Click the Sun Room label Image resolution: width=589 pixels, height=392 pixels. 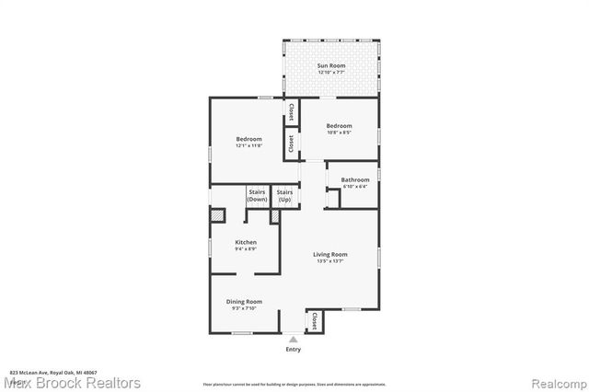click(330, 66)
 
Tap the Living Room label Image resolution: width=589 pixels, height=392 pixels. click(330, 254)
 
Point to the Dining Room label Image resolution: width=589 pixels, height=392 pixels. click(245, 302)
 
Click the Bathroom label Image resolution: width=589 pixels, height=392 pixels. click(355, 179)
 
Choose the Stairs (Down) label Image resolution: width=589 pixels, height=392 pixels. click(258, 196)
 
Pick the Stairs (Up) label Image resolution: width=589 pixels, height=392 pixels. click(284, 196)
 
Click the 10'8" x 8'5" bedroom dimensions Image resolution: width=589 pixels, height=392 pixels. click(340, 133)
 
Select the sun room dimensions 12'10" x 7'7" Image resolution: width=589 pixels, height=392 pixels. click(330, 73)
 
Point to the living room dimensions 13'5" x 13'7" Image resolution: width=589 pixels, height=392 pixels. click(330, 260)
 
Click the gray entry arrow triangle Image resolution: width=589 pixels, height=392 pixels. click(294, 340)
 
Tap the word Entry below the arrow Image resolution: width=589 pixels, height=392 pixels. click(294, 350)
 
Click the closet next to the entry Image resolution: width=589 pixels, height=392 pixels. click(315, 321)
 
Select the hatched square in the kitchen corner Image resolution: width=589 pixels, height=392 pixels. click(218, 215)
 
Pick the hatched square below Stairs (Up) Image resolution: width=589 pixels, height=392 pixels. click(274, 216)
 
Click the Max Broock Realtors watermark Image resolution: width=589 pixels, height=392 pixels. click(73, 382)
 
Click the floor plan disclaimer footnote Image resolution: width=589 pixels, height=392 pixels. click(294, 383)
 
